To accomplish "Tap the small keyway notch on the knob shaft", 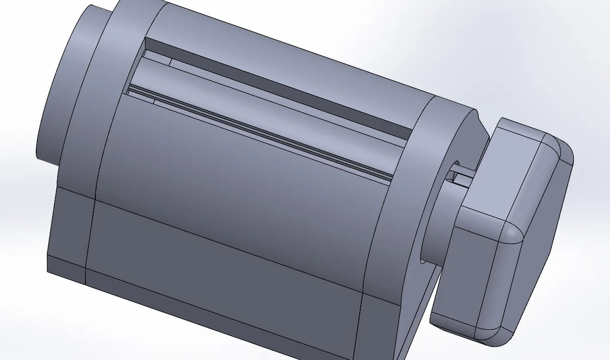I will (x=460, y=179).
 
